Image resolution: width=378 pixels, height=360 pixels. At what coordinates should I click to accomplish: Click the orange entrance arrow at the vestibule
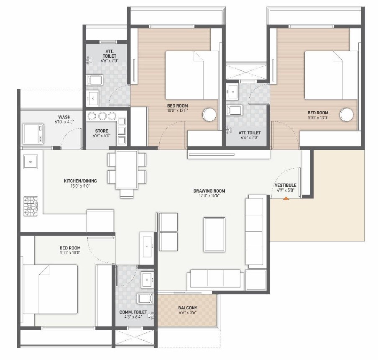tap(286, 198)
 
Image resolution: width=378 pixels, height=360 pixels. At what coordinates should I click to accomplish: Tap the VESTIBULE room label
tap(286, 185)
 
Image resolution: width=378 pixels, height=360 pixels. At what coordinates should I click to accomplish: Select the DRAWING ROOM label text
tap(209, 191)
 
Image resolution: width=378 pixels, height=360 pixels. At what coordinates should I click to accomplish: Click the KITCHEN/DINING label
tap(80, 181)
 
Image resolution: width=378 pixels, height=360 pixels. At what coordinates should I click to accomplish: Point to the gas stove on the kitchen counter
tap(31, 206)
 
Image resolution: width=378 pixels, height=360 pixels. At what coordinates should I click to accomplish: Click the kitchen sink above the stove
tap(31, 161)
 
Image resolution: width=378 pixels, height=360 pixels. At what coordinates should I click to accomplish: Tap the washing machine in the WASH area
tap(33, 133)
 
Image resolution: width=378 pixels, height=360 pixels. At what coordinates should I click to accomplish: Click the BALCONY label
tap(187, 308)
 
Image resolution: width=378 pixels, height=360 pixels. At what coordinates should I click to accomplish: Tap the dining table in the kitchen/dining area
tap(127, 170)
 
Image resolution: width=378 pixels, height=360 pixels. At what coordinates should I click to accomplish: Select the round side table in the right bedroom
tap(347, 114)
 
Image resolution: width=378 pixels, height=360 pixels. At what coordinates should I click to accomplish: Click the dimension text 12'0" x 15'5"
tap(209, 195)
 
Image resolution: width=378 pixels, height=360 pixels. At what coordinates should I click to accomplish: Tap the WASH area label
tap(64, 117)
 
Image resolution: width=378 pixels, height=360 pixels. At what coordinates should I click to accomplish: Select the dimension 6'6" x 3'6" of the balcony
tap(187, 313)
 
